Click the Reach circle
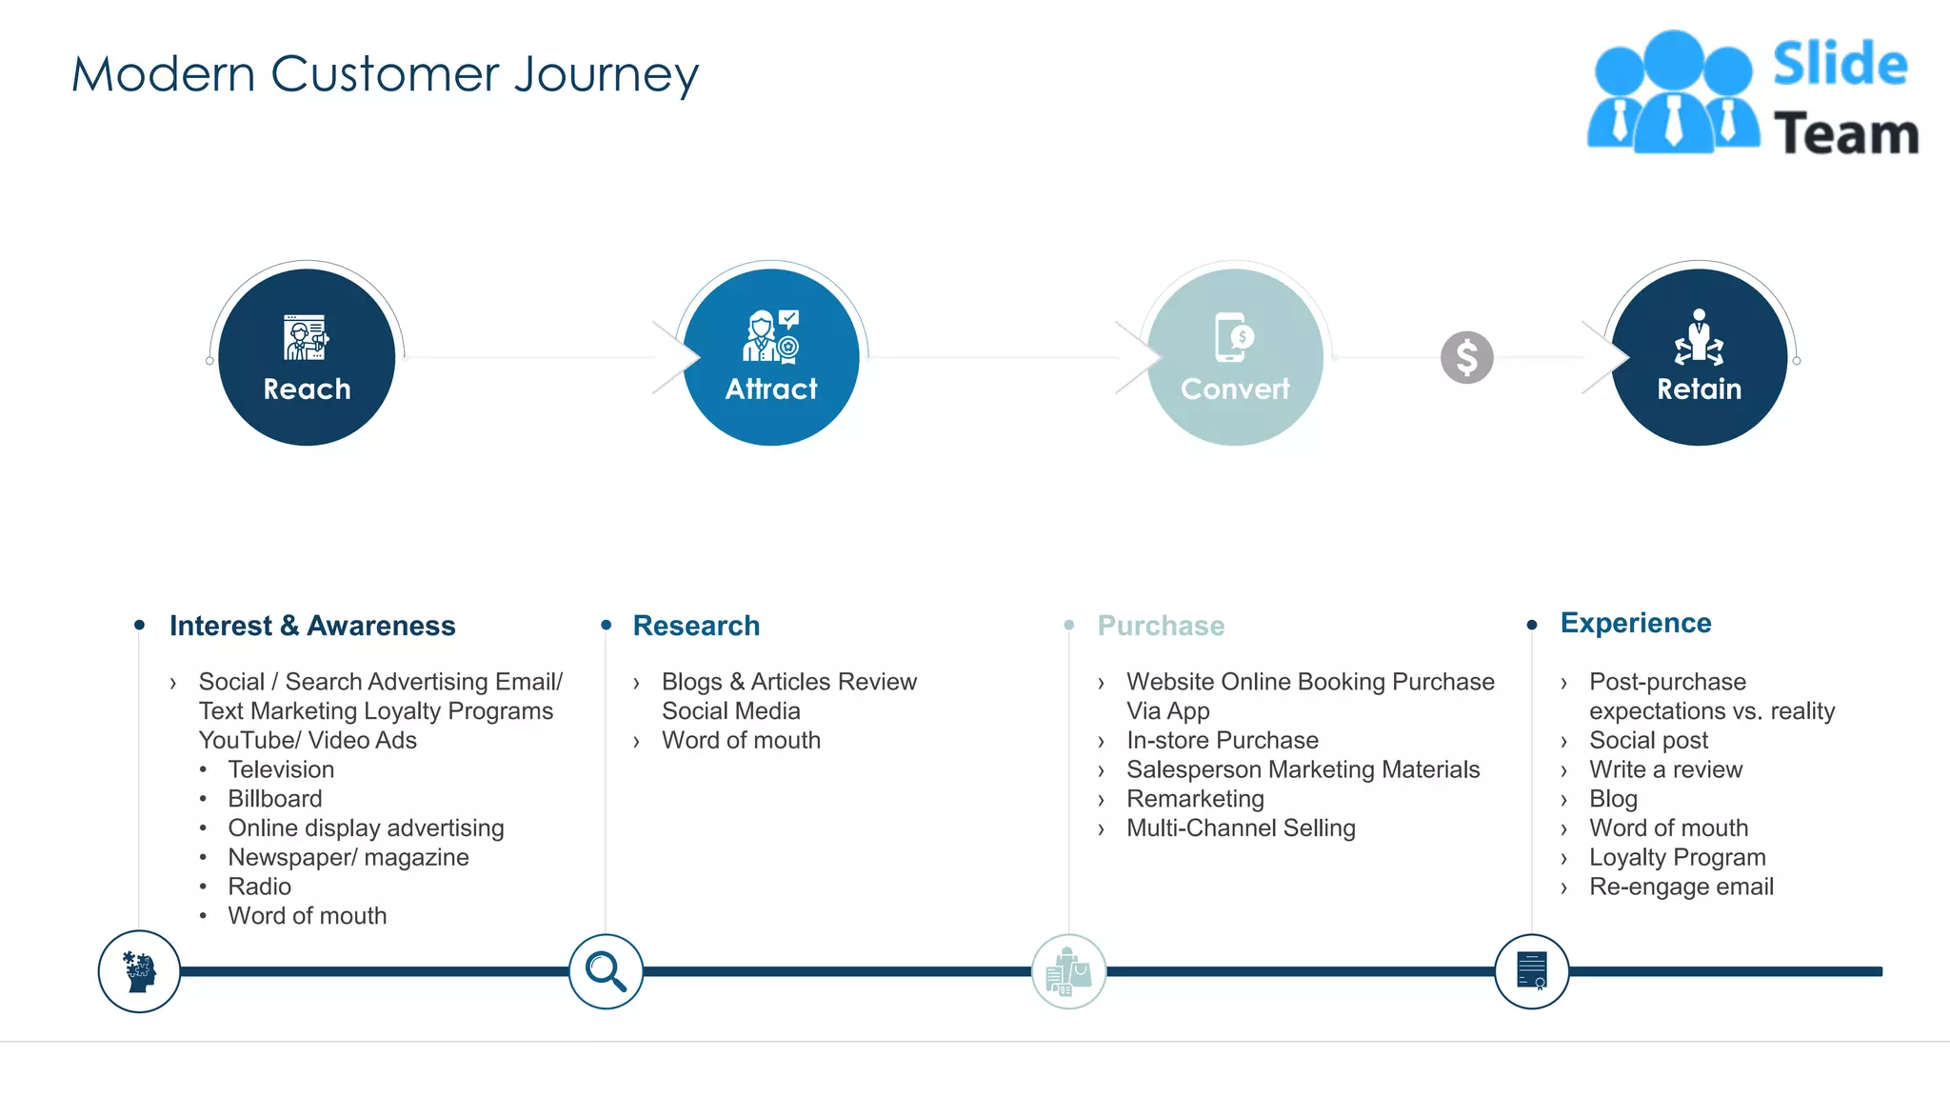click(307, 357)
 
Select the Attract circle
click(771, 357)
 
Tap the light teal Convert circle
click(1235, 357)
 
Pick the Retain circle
click(1699, 357)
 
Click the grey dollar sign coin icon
click(1466, 358)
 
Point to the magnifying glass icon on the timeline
click(606, 971)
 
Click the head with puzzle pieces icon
click(139, 971)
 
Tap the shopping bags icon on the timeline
click(1068, 971)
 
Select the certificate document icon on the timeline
click(1531, 971)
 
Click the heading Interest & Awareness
click(312, 626)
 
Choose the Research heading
click(696, 626)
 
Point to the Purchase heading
click(1161, 626)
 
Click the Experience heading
click(1635, 623)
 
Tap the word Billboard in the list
click(275, 799)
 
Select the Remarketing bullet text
click(1195, 799)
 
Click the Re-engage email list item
click(1681, 887)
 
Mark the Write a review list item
click(1665, 769)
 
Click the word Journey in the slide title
click(607, 74)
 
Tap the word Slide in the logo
click(1840, 65)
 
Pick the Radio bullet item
click(259, 887)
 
